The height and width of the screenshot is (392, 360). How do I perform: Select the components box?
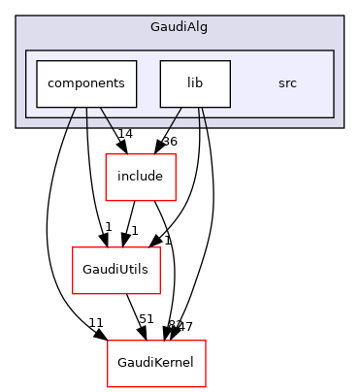click(x=85, y=83)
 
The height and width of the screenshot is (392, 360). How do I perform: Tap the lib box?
click(x=195, y=83)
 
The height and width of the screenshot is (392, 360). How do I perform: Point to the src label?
click(x=287, y=83)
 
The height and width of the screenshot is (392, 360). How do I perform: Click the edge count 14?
click(x=125, y=132)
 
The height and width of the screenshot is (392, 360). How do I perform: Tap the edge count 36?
click(x=170, y=142)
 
